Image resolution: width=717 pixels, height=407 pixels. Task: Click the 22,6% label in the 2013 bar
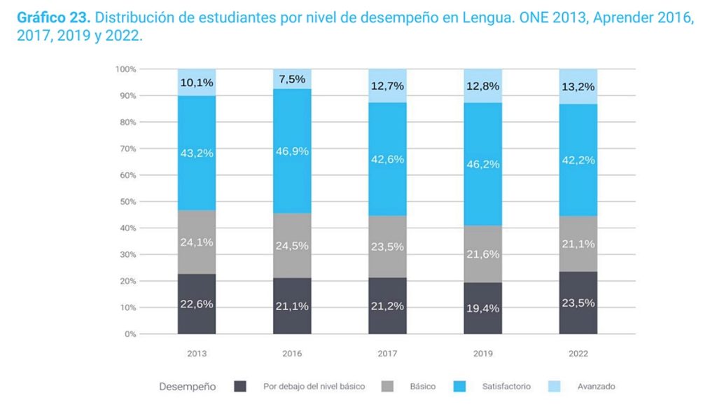(x=197, y=304)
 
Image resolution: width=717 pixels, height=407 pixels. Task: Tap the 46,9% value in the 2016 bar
(x=292, y=151)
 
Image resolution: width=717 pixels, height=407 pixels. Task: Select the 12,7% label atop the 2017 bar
(x=387, y=85)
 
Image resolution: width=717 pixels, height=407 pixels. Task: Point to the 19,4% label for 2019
(x=482, y=308)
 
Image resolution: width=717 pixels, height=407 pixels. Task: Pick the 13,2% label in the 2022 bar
(x=578, y=87)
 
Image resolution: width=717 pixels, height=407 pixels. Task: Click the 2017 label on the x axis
(x=387, y=354)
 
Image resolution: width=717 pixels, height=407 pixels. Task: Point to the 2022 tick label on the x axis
(x=578, y=354)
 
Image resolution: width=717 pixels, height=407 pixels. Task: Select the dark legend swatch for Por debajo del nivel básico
(x=240, y=387)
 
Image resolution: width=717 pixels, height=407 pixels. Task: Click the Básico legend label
(x=422, y=387)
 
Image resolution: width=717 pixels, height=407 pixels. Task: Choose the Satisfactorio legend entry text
(x=506, y=387)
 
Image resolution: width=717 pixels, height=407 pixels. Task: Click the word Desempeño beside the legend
(x=187, y=387)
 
